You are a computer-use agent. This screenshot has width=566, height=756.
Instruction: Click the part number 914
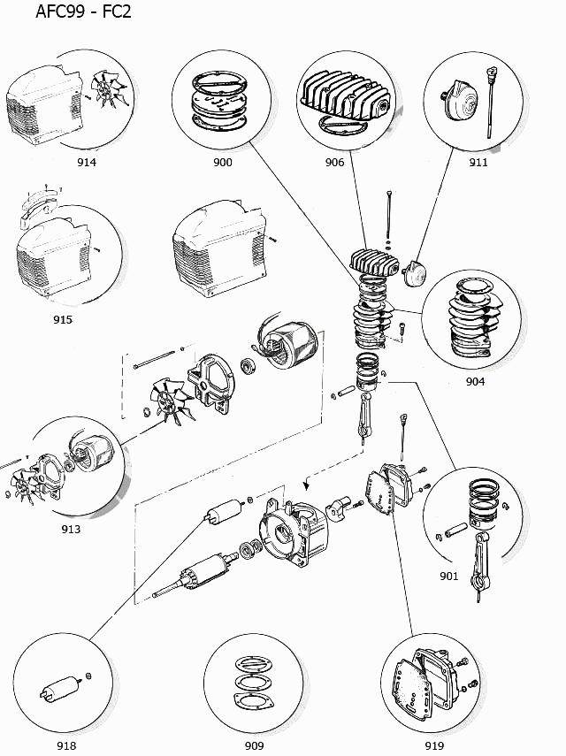[87, 162]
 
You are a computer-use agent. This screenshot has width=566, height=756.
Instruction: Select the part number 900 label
[223, 162]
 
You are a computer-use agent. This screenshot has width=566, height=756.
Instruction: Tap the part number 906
[334, 162]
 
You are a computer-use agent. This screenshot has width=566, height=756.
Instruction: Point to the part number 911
[478, 162]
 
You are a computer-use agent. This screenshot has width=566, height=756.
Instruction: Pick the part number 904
[476, 382]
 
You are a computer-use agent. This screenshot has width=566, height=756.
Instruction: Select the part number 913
[71, 529]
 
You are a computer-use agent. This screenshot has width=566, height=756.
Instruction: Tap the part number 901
[448, 577]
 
